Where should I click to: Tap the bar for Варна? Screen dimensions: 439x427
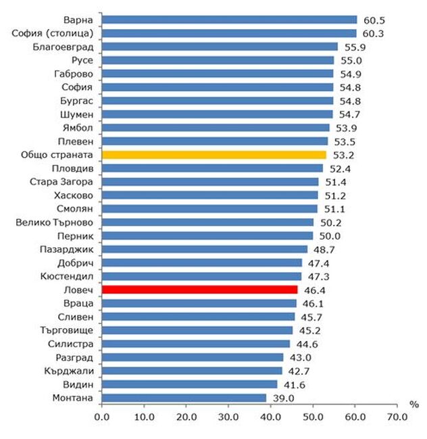coord(229,20)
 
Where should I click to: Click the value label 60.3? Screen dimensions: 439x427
coord(376,33)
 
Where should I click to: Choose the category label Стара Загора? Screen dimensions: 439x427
coord(65,182)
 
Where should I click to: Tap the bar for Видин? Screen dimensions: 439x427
coord(189,384)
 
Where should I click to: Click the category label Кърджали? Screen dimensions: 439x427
coord(72,371)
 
